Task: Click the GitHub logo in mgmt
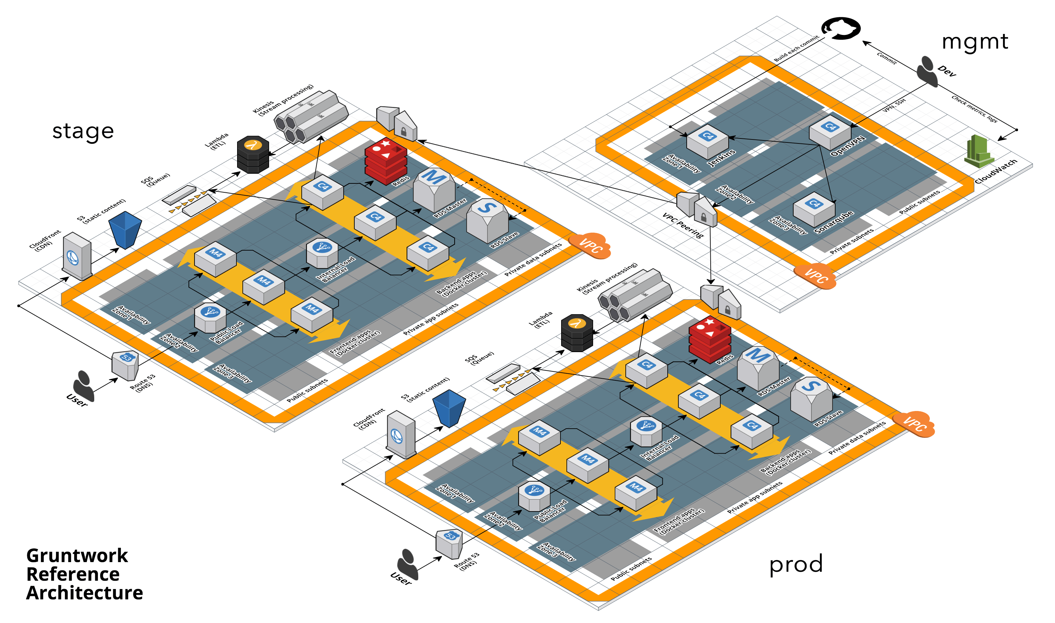pos(841,28)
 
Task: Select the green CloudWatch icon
pos(978,151)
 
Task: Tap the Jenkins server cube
pos(707,142)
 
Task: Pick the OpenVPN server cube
pos(830,132)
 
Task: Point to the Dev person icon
pos(927,71)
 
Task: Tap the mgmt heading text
pos(974,42)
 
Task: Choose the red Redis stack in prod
pos(710,339)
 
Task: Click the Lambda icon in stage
pos(253,154)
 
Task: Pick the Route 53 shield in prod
pos(449,544)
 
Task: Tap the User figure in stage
pos(83,385)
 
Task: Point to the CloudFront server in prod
pos(401,435)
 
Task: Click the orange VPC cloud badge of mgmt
pos(815,276)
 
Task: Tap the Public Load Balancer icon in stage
pos(210,318)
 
